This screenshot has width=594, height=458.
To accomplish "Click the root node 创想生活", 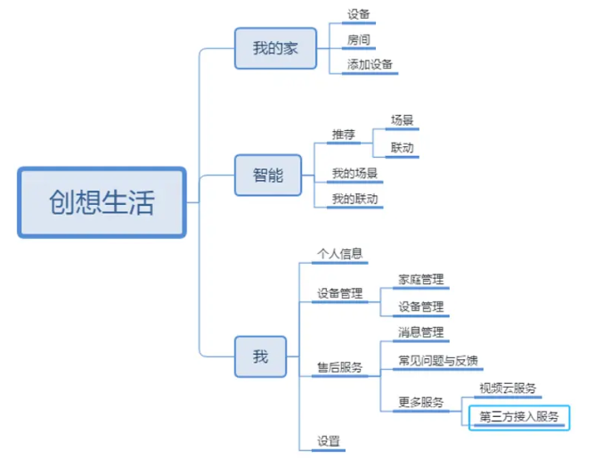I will click(102, 202).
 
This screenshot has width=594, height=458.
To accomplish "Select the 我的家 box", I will click(275, 48).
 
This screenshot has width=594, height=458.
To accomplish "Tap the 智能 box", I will click(262, 176).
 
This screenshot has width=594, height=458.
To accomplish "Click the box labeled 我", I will click(260, 357).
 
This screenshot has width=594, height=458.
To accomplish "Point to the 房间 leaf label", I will click(359, 40).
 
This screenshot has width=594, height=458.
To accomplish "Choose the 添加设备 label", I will click(370, 65).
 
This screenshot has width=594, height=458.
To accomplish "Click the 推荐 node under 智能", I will click(344, 135).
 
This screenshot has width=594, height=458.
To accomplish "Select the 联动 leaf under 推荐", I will click(402, 148).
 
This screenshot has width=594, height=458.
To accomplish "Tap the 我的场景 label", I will click(354, 173).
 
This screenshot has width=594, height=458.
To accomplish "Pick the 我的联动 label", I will click(354, 198).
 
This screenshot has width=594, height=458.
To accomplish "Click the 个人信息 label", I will click(340, 254).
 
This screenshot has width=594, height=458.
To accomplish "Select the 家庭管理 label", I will click(420, 280).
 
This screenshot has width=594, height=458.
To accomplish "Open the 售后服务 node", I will click(340, 367).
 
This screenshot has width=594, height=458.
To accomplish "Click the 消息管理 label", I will click(420, 332).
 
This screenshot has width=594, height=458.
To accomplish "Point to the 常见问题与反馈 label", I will click(439, 360).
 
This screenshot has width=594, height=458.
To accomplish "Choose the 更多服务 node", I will click(420, 402).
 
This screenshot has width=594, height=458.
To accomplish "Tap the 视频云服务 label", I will click(508, 388).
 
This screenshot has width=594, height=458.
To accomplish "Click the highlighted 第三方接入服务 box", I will click(519, 416).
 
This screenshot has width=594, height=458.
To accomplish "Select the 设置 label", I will click(329, 440).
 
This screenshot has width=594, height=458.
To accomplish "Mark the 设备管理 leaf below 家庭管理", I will click(420, 307).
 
